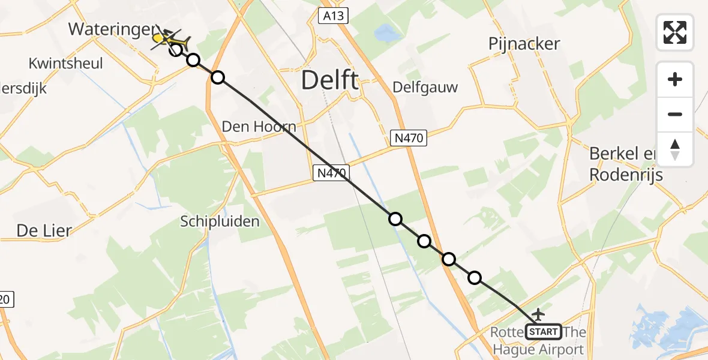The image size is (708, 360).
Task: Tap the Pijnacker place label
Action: coord(524,44)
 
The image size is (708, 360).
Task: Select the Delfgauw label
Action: coord(425,88)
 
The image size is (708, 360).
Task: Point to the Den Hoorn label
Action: coord(259,127)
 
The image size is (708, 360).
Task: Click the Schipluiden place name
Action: coord(220,221)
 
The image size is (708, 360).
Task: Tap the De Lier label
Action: coord(44,231)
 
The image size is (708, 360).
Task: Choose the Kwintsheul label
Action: coord(65,64)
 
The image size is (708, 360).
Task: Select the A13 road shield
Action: coord(333,16)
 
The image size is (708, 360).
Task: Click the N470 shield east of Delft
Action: coord(409,139)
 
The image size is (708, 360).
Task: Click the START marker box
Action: coord(544,331)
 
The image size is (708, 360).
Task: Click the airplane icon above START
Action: coord(538,314)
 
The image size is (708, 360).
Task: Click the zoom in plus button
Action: coord(675,79)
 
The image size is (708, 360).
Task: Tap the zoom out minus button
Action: coord(675,114)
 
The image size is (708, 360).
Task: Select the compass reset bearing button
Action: coord(675,149)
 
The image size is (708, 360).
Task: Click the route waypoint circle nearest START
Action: coord(475,277)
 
